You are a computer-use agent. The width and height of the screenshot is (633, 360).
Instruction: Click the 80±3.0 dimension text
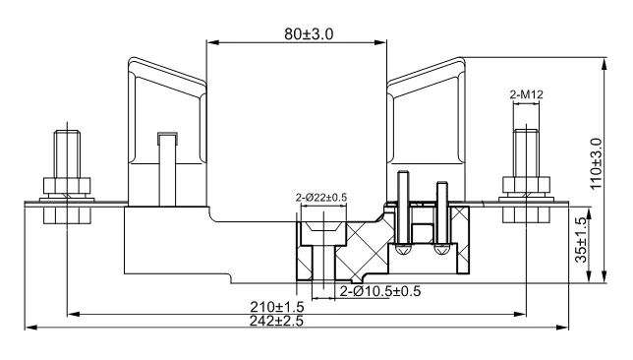click(309, 34)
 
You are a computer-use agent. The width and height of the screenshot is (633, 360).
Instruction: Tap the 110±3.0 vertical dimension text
click(597, 163)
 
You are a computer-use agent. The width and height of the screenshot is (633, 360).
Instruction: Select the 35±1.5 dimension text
click(581, 240)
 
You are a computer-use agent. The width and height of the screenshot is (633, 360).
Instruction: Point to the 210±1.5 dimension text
click(277, 307)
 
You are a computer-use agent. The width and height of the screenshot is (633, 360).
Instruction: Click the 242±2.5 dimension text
click(276, 321)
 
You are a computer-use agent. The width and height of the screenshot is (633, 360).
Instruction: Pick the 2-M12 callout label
click(527, 94)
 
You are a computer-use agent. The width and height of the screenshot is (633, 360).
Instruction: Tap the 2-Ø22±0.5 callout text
click(321, 198)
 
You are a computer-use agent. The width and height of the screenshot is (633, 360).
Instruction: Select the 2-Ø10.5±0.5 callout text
click(380, 291)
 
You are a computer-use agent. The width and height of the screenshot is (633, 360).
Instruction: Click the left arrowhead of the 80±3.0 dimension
click(212, 42)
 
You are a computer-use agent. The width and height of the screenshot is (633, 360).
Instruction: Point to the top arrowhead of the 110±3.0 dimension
click(604, 64)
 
